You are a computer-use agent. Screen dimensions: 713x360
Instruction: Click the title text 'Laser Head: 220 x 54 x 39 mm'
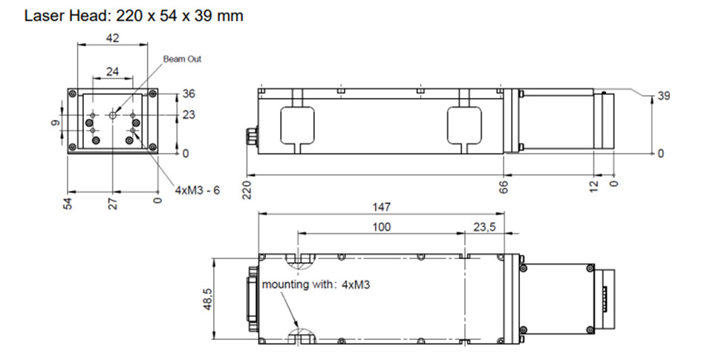tap(134, 16)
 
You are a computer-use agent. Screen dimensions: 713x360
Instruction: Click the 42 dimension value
tap(112, 38)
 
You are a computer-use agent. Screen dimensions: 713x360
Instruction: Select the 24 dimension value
tap(112, 71)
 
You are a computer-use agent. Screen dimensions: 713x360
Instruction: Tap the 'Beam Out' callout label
tap(182, 59)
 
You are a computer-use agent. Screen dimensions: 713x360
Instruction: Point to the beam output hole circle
tap(113, 115)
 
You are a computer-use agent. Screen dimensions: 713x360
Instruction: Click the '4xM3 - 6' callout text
tap(198, 190)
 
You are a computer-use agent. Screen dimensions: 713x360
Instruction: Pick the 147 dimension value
tap(381, 207)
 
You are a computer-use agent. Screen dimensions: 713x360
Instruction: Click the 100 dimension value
tap(381, 227)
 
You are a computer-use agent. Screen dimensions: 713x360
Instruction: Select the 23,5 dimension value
tap(484, 227)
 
